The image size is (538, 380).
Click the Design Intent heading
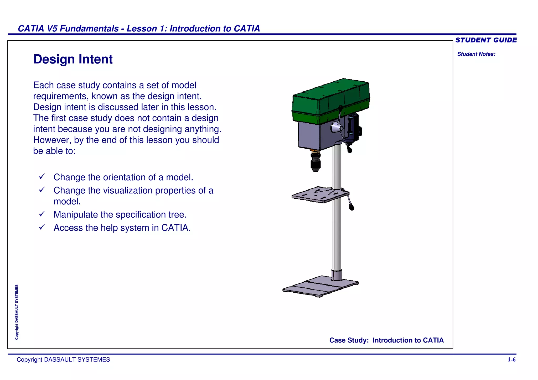pyautogui.click(x=73, y=59)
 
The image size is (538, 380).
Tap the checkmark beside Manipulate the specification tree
pyautogui.click(x=42, y=214)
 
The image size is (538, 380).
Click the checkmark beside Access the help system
pyautogui.click(x=42, y=227)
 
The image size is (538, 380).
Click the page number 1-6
pyautogui.click(x=511, y=360)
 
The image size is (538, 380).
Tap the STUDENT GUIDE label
pyautogui.click(x=486, y=40)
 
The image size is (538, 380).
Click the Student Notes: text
pyautogui.click(x=476, y=54)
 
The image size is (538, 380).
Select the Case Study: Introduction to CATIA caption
pyautogui.click(x=386, y=340)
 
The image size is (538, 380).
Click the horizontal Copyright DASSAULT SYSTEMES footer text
pyautogui.click(x=63, y=360)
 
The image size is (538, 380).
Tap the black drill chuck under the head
pyautogui.click(x=315, y=163)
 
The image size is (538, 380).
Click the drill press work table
pyautogui.click(x=318, y=196)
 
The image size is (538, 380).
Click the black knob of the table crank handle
pyautogui.click(x=352, y=207)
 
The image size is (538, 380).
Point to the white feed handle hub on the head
pyautogui.click(x=336, y=128)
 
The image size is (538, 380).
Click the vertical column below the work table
pyautogui.click(x=337, y=236)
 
